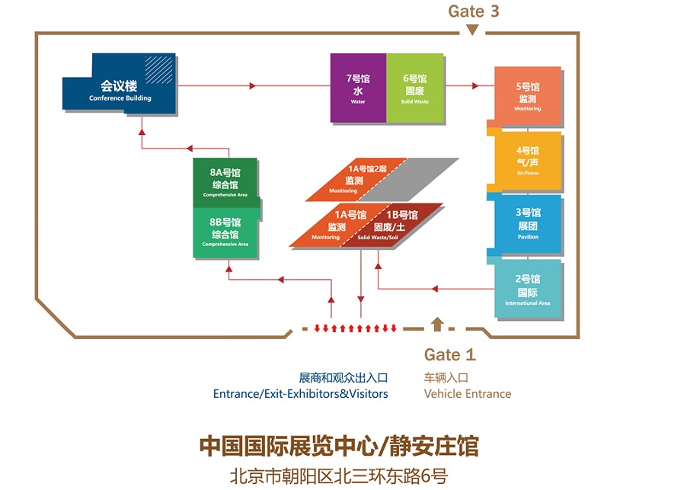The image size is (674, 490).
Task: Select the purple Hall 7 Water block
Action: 358,88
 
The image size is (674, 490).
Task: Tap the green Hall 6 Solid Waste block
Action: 415,88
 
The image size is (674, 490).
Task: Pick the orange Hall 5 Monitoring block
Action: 528,97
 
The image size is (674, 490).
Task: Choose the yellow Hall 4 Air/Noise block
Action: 528,162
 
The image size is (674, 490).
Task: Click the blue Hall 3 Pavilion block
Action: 528,223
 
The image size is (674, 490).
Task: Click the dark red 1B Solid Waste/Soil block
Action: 392,226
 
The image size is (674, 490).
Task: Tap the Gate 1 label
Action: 449,354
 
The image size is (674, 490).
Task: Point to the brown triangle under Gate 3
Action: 473,30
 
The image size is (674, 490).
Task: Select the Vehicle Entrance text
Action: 467,394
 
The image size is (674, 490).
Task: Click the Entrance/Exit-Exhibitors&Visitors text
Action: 300,394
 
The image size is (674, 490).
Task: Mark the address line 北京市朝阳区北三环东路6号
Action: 338,476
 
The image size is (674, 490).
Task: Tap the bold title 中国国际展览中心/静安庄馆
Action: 338,446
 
